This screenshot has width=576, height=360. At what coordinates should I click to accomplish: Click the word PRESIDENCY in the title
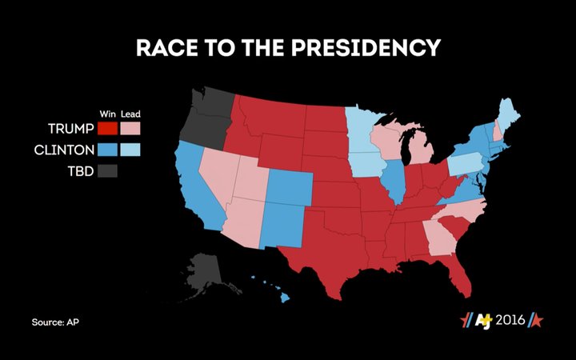pyautogui.click(x=371, y=47)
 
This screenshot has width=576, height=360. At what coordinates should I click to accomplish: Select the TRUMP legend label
pyautogui.click(x=70, y=128)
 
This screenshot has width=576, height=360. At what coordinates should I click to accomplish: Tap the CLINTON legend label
pyautogui.click(x=64, y=150)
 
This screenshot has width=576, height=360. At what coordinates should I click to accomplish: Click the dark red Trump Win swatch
pyautogui.click(x=108, y=128)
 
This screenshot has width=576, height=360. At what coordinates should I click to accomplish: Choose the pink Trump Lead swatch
pyautogui.click(x=130, y=128)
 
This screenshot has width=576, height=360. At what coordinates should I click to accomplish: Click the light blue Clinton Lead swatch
pyautogui.click(x=130, y=150)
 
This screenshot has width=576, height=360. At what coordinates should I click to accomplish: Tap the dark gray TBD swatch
pyautogui.click(x=108, y=170)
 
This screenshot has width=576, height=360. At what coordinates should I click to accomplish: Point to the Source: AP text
pyautogui.click(x=55, y=322)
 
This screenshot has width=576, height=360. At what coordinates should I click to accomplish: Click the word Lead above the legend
pyautogui.click(x=130, y=114)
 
